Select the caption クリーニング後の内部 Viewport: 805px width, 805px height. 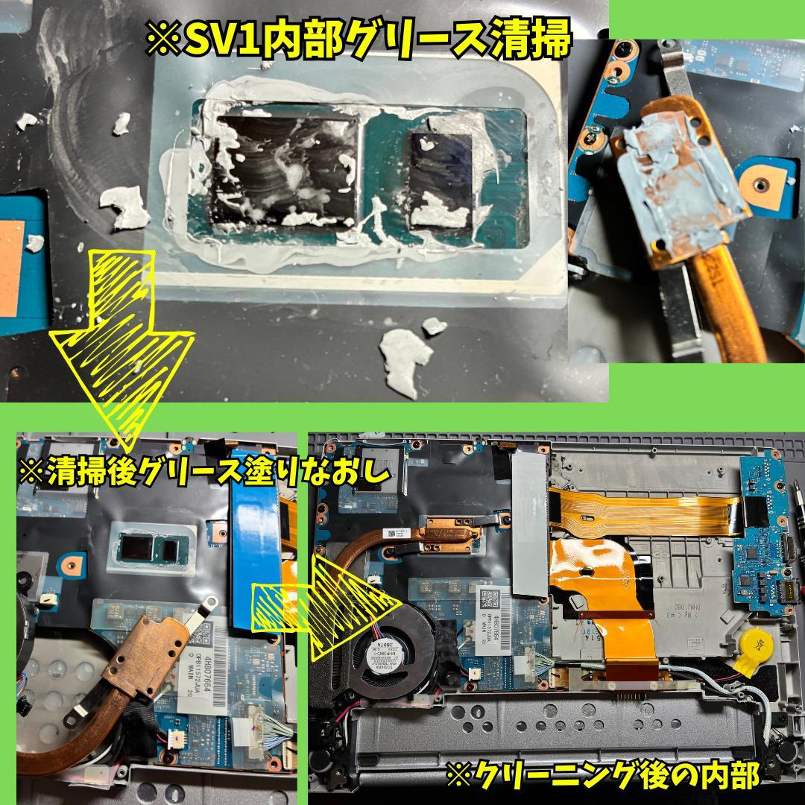click(602, 775)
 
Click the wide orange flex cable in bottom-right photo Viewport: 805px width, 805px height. click(596, 589)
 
